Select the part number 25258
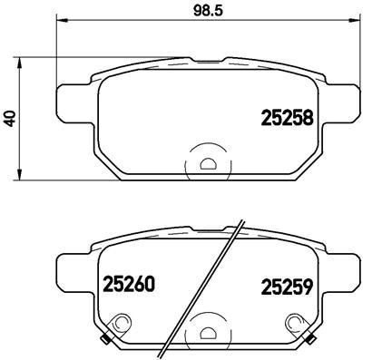288,117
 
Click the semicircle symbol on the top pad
208,164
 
